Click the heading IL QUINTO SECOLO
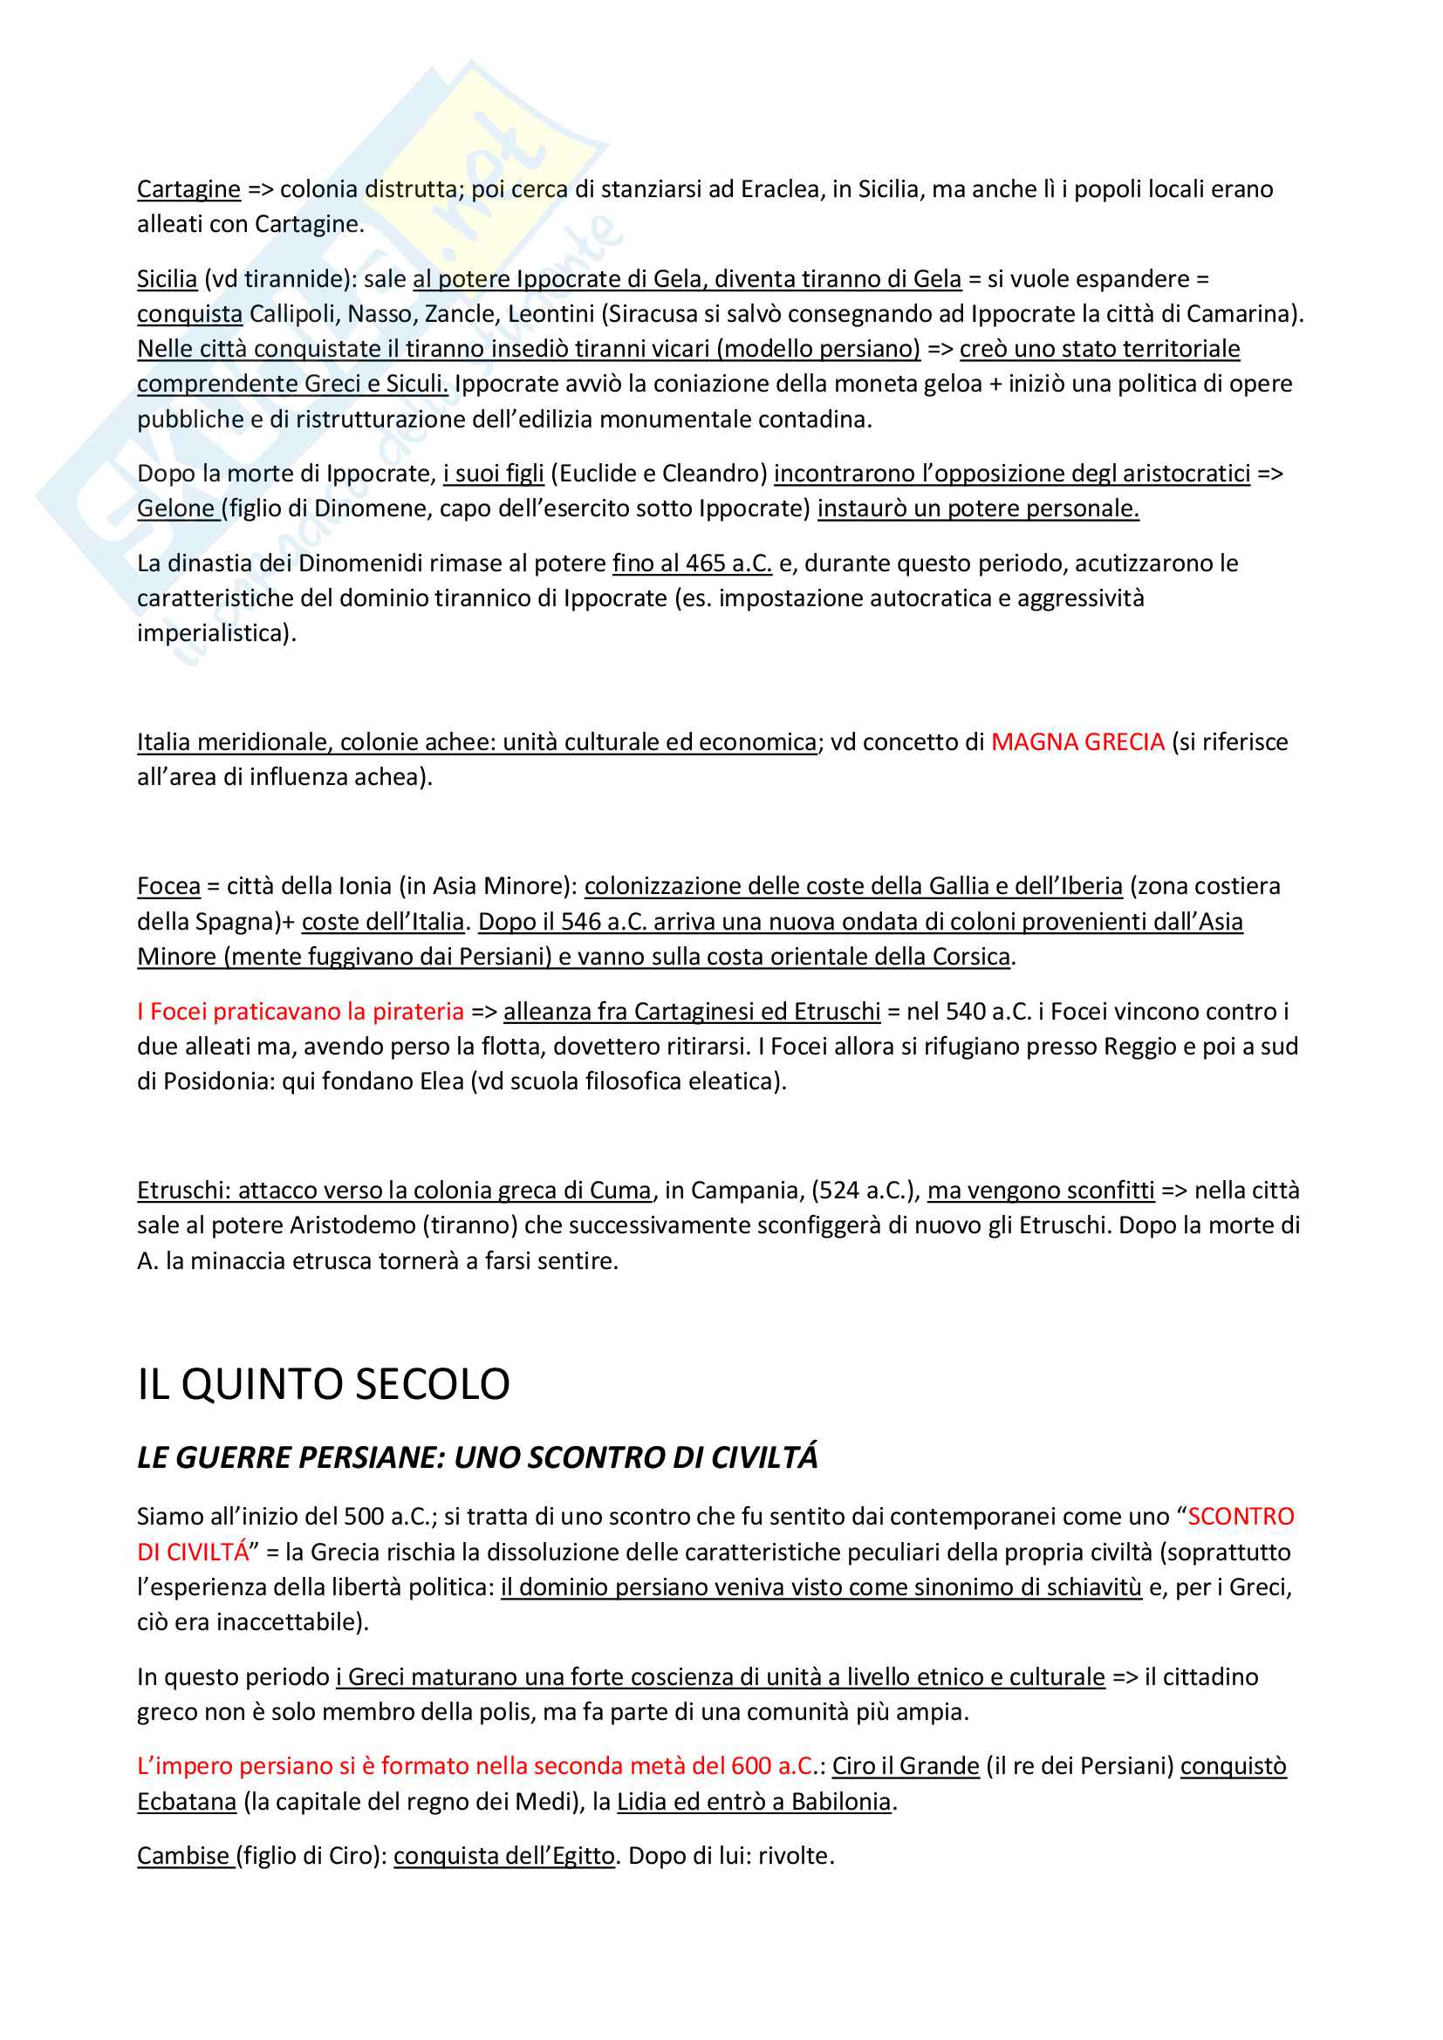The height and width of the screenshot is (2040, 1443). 324,1384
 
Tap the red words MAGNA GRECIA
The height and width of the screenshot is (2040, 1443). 1077,742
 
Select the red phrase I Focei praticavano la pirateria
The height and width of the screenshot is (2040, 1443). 300,1011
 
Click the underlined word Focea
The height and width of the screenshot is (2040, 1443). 169,886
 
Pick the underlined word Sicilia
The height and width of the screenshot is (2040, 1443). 167,279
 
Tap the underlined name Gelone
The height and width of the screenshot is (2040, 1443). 175,508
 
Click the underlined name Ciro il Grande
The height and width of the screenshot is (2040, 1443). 906,1766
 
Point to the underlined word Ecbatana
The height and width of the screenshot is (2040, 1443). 187,1802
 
